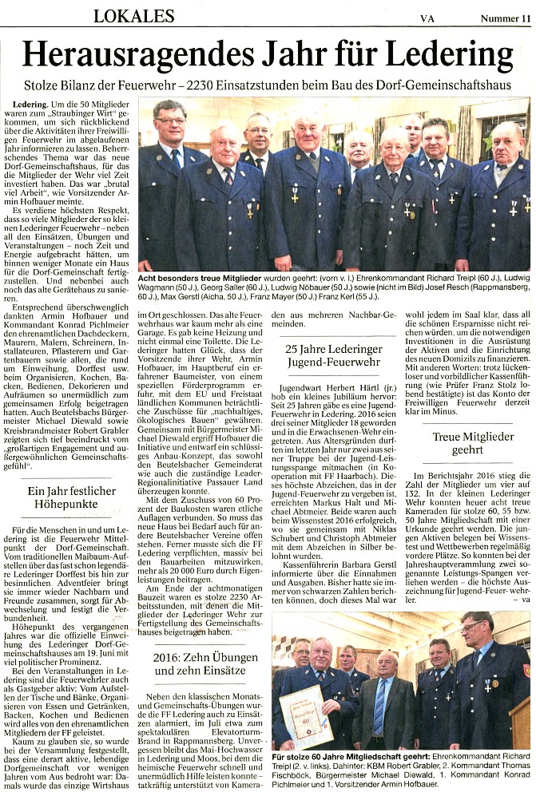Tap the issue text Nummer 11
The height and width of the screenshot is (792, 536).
[x=504, y=16]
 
